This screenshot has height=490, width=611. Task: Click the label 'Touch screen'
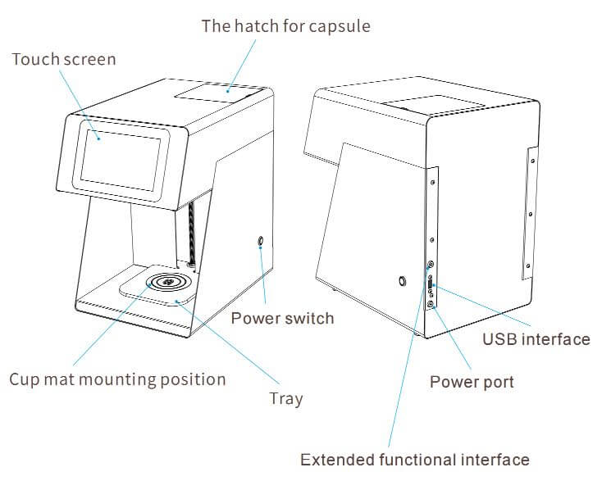[x=63, y=60]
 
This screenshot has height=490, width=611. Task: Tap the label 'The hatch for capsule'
[x=286, y=26]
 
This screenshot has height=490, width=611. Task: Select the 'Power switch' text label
[x=282, y=318]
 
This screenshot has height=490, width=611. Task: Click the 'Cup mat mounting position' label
[x=116, y=379]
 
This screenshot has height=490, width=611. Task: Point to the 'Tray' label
[x=285, y=399]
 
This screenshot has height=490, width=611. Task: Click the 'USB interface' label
[x=536, y=339]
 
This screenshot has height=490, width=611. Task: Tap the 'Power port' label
[x=472, y=381]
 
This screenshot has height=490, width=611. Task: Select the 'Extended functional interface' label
[x=414, y=459]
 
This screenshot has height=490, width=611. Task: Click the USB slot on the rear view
[x=433, y=286]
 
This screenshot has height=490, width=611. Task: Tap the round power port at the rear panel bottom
[x=431, y=305]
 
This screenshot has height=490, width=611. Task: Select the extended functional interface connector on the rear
[x=431, y=265]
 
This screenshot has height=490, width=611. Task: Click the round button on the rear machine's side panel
[x=401, y=281]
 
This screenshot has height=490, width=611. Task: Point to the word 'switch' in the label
[x=308, y=318]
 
